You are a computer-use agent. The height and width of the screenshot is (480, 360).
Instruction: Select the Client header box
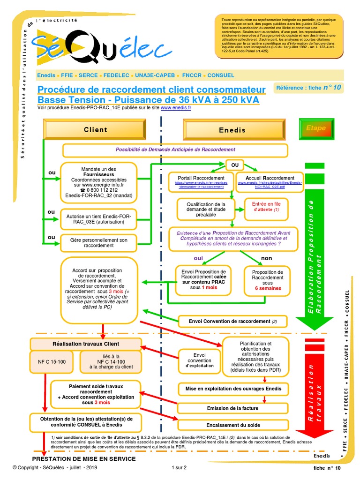(95, 129)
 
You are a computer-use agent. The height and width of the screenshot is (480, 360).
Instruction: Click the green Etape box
(315, 128)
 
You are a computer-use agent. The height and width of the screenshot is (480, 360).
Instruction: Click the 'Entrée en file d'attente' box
(266, 207)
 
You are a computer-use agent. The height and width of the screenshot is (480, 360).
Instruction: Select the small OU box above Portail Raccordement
(235, 165)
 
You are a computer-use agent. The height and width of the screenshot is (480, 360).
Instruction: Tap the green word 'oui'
(199, 258)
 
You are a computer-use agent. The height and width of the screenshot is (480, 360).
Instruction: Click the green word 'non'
(266, 258)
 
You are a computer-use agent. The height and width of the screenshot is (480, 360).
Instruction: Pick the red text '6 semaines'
(268, 288)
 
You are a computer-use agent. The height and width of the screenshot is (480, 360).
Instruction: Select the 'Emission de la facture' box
(232, 408)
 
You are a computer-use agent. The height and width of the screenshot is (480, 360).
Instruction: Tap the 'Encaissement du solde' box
(232, 425)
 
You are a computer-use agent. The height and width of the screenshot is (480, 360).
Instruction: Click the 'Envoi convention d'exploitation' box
(199, 360)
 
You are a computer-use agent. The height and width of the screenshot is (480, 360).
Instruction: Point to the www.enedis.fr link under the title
(176, 107)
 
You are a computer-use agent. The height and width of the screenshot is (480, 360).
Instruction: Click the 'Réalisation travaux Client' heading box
(79, 344)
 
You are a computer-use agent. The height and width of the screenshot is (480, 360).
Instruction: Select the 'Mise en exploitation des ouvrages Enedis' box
(232, 389)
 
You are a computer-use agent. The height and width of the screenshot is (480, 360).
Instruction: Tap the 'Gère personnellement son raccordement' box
(98, 243)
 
